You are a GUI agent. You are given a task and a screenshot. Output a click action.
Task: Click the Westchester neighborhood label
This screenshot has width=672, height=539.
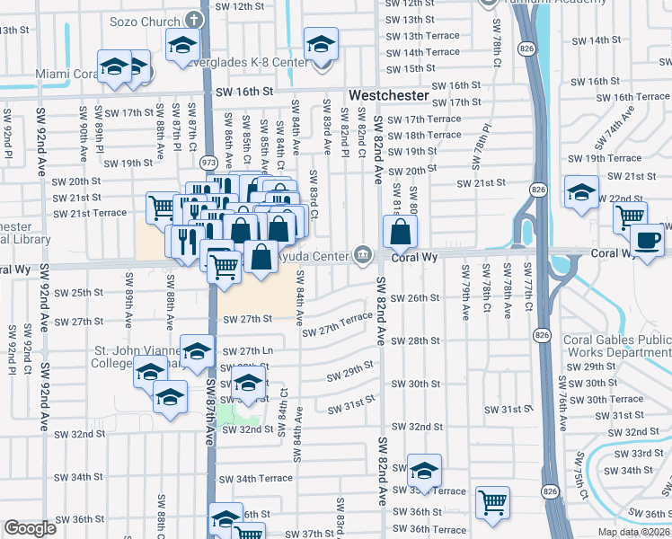tap(387, 94)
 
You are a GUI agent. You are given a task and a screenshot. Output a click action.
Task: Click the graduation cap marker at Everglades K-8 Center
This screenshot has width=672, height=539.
tap(320, 45)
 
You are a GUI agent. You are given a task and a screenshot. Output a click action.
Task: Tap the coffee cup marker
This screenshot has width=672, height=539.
tap(647, 241)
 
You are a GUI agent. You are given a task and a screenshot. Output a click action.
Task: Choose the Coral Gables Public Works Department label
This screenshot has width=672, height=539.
tap(616, 347)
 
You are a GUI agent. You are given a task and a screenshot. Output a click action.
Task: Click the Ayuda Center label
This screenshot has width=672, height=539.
tap(314, 256)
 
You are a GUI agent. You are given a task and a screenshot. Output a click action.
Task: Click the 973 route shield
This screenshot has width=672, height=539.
tap(208, 163)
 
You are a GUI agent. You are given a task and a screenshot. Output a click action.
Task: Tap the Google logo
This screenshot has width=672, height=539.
tap(30, 528)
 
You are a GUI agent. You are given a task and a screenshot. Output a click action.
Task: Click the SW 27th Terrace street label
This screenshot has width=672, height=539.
tap(337, 323)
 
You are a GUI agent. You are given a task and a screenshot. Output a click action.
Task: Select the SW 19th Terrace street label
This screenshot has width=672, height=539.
tap(599, 158)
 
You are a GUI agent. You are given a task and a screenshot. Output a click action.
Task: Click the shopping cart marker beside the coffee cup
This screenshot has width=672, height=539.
tap(630, 216)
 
